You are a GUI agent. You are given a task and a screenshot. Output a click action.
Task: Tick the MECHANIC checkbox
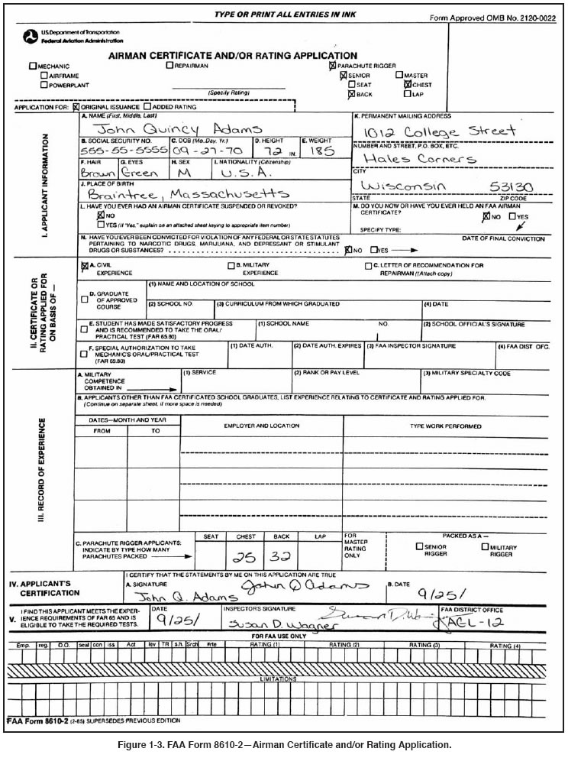[x=32, y=66]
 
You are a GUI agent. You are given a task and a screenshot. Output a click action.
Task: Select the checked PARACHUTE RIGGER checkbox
[x=332, y=66]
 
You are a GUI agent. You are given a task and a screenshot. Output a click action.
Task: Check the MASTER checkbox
[x=399, y=76]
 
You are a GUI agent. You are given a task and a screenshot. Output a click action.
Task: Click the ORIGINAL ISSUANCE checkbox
[x=76, y=107]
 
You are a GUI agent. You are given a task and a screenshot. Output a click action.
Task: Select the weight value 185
[x=324, y=151]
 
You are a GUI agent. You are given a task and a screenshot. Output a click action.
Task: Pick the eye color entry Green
[x=144, y=173]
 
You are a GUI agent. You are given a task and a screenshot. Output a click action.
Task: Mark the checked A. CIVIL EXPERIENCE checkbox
[x=85, y=267]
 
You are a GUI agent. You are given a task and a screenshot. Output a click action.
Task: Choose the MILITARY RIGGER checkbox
[x=484, y=547]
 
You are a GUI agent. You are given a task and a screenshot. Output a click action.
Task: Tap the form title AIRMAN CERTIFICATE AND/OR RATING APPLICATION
[x=233, y=56]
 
